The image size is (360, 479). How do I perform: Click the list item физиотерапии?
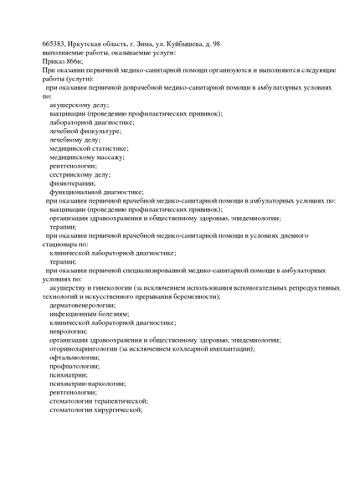pyautogui.click(x=72, y=183)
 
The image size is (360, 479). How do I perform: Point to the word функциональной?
pyautogui.click(x=79, y=192)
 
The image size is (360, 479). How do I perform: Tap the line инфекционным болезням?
pyautogui.click(x=88, y=313)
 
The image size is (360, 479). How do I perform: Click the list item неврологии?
pyautogui.click(x=68, y=331)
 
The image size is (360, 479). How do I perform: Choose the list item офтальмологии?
pyautogui.click(x=75, y=357)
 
